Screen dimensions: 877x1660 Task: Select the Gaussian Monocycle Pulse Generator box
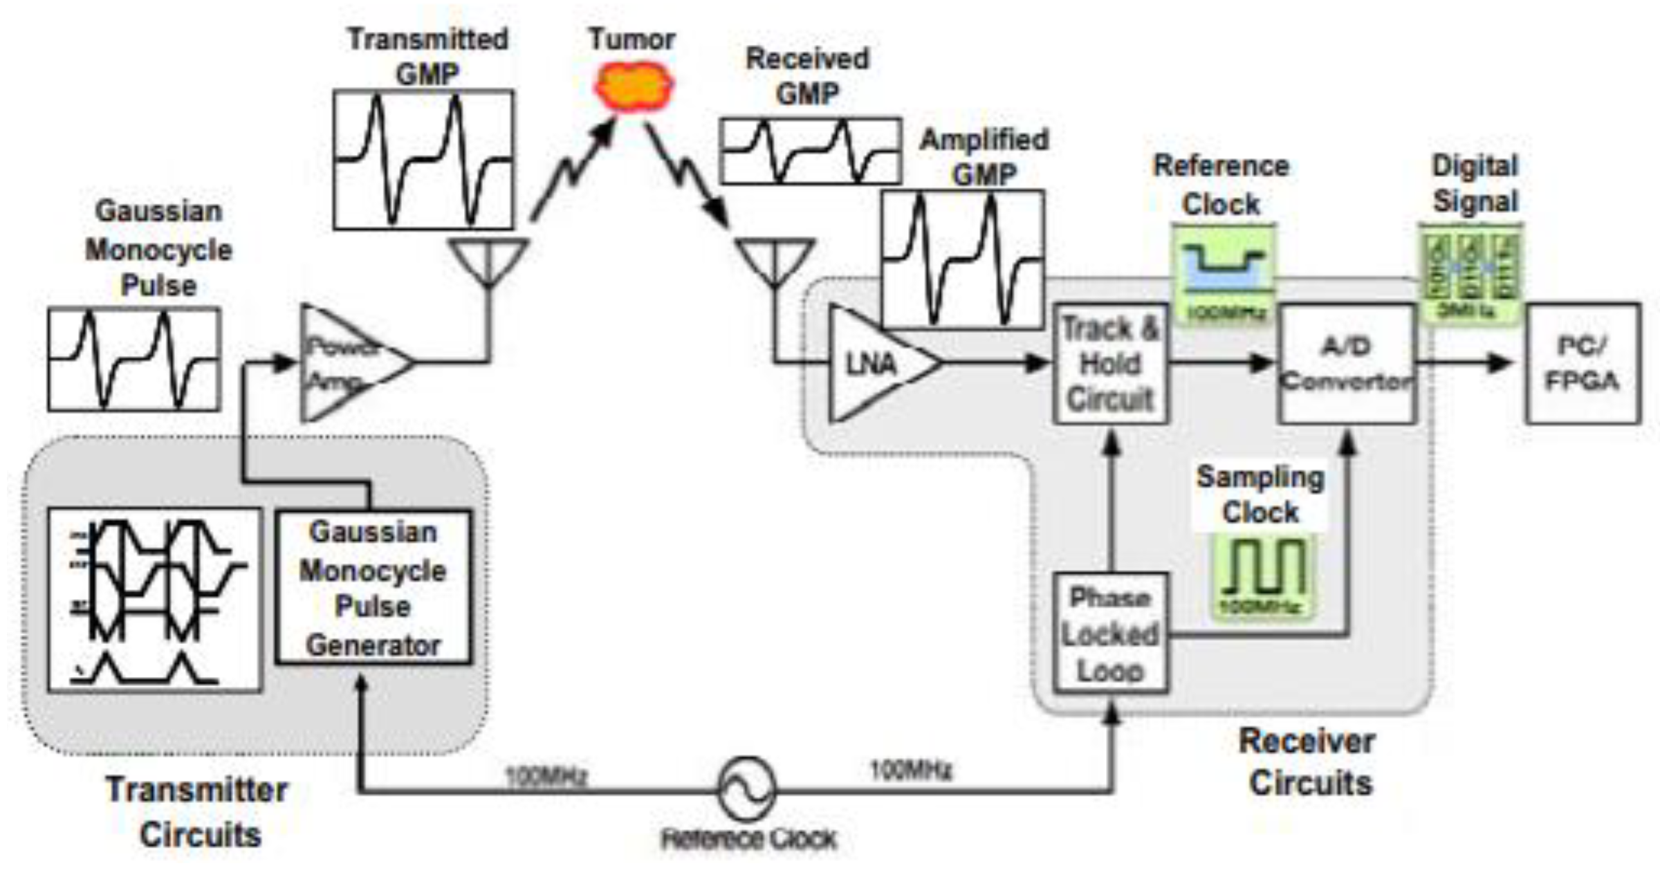click(x=373, y=587)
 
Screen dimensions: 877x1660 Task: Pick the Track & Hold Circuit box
click(x=1110, y=363)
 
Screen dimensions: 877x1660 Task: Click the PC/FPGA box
click(x=1582, y=363)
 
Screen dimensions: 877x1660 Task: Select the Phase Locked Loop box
click(x=1110, y=633)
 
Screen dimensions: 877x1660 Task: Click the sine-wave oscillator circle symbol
click(x=747, y=788)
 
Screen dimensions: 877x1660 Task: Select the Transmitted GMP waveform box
click(x=423, y=159)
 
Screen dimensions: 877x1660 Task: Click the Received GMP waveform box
click(x=810, y=151)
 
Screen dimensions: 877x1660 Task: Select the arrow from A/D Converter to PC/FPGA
click(x=1466, y=362)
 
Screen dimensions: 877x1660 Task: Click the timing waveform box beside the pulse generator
click(x=154, y=599)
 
